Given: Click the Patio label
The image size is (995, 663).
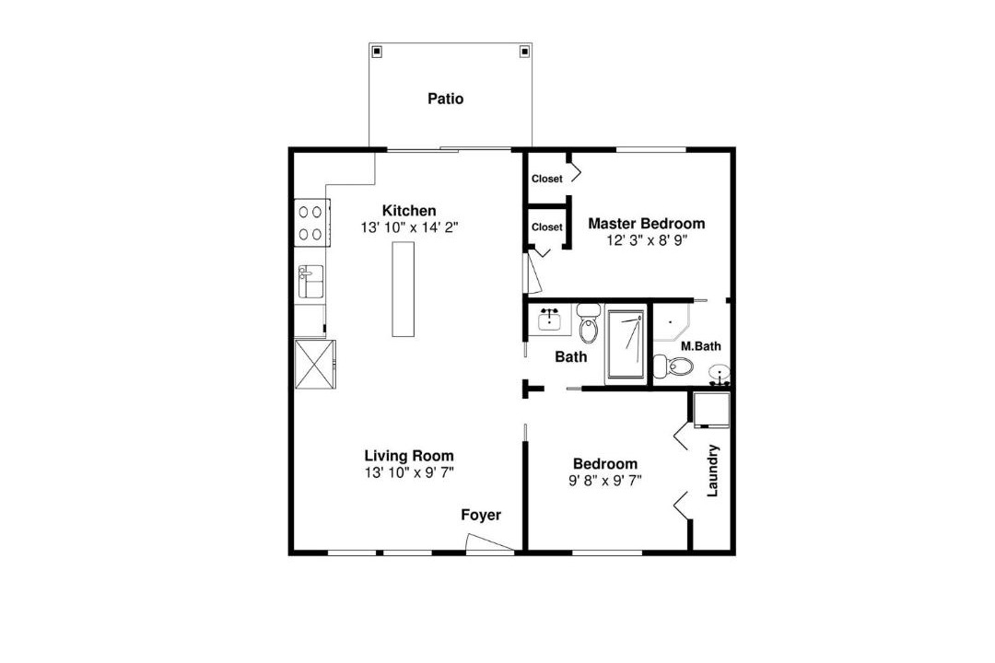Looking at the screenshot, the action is (x=446, y=99).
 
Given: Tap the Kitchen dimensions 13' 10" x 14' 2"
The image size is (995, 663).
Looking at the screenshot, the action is (x=409, y=227).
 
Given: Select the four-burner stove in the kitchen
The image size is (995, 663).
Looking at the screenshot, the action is (x=311, y=223).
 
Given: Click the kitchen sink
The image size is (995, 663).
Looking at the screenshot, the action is (x=311, y=282).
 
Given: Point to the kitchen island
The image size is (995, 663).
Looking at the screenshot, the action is (x=403, y=289).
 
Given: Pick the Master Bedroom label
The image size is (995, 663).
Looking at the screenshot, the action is (x=646, y=224).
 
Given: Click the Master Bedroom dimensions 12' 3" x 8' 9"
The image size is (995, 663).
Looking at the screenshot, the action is (x=648, y=241).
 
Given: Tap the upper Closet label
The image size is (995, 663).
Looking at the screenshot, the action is (x=547, y=179).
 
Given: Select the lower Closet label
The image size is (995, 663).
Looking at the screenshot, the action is (x=547, y=227).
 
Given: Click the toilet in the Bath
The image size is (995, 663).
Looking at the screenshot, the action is (x=590, y=324).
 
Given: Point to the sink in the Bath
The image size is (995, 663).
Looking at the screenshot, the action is (x=549, y=320).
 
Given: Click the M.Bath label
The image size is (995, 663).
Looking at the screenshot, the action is (x=700, y=346).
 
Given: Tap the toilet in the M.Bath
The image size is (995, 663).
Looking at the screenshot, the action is (x=673, y=366).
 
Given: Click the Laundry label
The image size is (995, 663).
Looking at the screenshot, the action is (x=712, y=471).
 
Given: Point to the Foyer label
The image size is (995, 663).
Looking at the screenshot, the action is (x=481, y=515).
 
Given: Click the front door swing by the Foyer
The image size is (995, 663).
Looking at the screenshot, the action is (x=490, y=543).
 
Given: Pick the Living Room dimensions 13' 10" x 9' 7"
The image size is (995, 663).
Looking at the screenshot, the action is (x=409, y=472).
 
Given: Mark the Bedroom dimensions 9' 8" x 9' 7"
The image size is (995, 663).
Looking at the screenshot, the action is (x=605, y=481).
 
